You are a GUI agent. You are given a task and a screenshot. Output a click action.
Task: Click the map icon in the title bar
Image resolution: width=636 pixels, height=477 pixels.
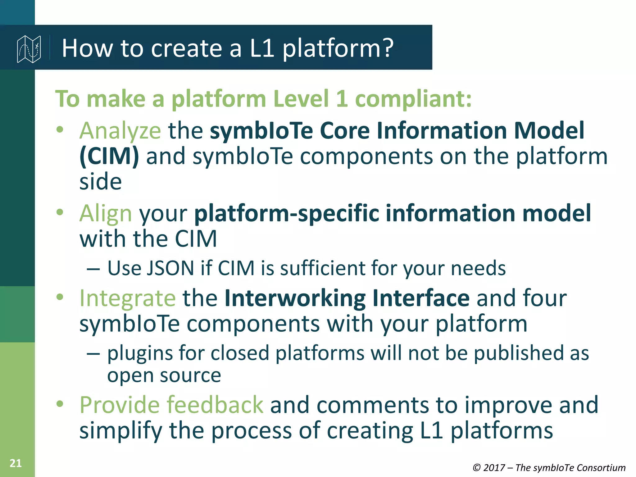coord(29,49)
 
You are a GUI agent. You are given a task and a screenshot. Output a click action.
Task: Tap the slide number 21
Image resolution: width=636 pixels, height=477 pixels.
coord(16,463)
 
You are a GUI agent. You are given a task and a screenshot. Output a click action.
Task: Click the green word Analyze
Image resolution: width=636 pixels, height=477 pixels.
coord(120,131)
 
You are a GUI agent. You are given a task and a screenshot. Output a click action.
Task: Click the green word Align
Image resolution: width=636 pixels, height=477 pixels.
coord(106,213)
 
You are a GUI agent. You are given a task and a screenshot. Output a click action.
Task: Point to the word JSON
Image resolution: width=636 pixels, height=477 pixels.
coord(170,268)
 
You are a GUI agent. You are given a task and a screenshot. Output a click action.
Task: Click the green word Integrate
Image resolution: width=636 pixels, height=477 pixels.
coord(128,298)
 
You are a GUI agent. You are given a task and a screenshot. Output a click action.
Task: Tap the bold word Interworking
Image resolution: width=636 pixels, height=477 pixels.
coord(295,298)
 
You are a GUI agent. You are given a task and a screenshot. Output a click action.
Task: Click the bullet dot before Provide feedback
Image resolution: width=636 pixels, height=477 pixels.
coord(60,404)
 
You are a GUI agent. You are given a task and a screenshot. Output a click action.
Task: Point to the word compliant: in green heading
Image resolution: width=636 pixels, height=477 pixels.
coord(413,99)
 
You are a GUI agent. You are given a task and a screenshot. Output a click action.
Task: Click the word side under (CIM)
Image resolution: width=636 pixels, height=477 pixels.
coord(100,182)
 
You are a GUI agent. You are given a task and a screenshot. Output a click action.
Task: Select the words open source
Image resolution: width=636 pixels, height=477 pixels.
coord(164,376)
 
